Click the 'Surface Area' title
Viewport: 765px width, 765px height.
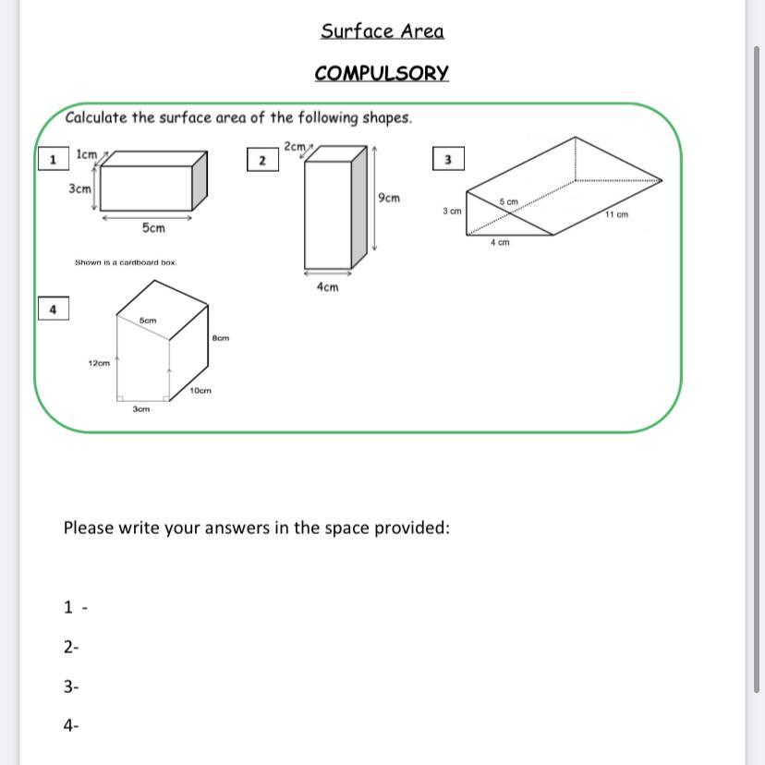tap(382, 31)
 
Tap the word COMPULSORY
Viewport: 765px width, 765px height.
tap(382, 73)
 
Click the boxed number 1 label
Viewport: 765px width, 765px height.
tap(54, 159)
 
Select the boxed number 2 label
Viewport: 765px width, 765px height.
tap(263, 160)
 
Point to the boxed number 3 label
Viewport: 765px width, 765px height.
tap(448, 159)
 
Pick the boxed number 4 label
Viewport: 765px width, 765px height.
tap(54, 309)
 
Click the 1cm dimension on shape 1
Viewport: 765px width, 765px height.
tap(86, 154)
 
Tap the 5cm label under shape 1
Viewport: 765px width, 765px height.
tap(153, 228)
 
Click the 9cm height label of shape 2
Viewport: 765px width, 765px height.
tap(389, 198)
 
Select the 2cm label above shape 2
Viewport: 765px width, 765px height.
tap(295, 146)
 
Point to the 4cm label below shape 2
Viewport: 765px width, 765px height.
tap(327, 286)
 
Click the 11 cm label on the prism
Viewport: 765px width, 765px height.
tap(616, 214)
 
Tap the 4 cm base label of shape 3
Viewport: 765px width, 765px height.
tap(500, 242)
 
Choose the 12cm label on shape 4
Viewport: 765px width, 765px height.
tap(99, 363)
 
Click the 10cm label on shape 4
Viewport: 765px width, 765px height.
tap(200, 390)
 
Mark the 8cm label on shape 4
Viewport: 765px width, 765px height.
tap(221, 337)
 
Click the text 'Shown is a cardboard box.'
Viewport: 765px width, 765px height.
tap(126, 262)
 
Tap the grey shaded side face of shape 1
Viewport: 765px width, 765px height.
tap(200, 181)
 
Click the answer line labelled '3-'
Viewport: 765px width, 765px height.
tap(71, 686)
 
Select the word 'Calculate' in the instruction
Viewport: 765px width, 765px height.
tap(96, 117)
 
